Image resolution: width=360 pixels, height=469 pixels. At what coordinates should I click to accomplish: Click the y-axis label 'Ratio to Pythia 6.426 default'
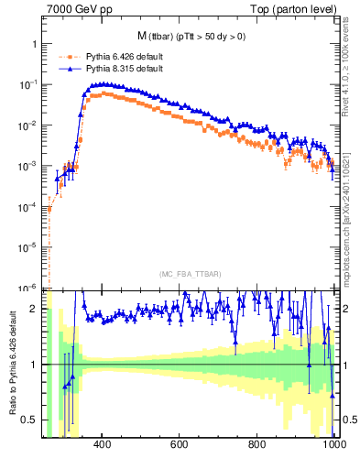coord(12,365)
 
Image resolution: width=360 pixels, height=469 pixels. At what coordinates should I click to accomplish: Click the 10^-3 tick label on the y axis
coord(29,166)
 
